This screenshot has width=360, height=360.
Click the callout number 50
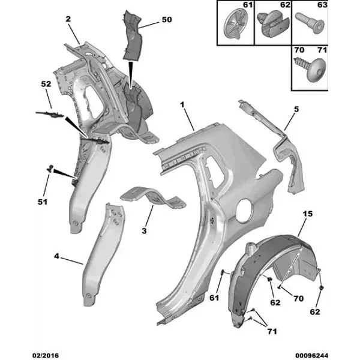(167, 20)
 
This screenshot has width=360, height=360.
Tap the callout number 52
(46, 84)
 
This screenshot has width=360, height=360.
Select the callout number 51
(43, 202)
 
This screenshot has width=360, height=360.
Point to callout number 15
(308, 214)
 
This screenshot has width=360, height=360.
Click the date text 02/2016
(46, 355)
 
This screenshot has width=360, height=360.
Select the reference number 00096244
(312, 355)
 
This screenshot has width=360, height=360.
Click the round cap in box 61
(235, 23)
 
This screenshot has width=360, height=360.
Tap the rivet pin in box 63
(310, 23)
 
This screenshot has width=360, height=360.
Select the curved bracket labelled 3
(153, 197)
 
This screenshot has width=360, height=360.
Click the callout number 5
(296, 109)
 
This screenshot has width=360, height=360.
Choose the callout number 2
(68, 19)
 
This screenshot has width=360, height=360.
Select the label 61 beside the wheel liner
(214, 298)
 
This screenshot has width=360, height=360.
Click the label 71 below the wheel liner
(272, 331)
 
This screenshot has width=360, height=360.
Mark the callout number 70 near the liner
(298, 298)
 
